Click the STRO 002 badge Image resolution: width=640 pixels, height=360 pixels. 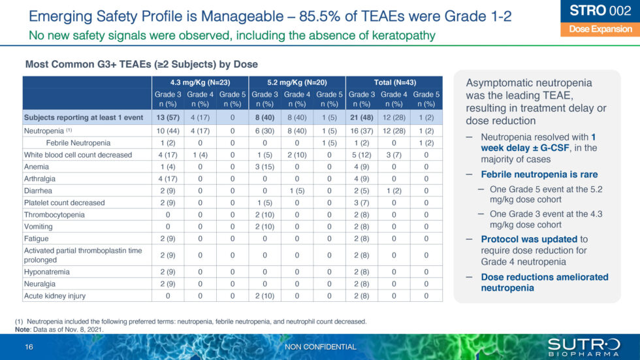pyautogui.click(x=600, y=10)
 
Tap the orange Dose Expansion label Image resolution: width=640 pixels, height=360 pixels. pyautogui.click(x=600, y=29)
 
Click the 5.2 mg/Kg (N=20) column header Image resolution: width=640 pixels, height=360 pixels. pyautogui.click(x=296, y=82)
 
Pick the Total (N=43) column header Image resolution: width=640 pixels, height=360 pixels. pyautogui.click(x=393, y=82)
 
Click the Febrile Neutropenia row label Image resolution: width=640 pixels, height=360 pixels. pyautogui.click(x=78, y=142)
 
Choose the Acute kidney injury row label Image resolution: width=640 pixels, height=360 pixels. pyautogui.click(x=55, y=296)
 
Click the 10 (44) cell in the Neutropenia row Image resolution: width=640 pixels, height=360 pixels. pyautogui.click(x=168, y=131)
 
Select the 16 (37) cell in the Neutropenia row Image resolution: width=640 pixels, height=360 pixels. pyautogui.click(x=361, y=131)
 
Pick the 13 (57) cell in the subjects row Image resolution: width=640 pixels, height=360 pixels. pyautogui.click(x=168, y=118)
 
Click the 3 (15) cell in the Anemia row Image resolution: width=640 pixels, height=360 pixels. pyautogui.click(x=264, y=167)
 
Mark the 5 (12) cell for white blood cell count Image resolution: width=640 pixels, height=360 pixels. pyautogui.click(x=361, y=155)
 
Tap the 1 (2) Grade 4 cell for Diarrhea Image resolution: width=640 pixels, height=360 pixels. pyautogui.click(x=393, y=191)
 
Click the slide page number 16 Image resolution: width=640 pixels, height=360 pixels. pyautogui.click(x=29, y=346)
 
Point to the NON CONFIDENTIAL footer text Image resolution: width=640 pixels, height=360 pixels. pyautogui.click(x=321, y=347)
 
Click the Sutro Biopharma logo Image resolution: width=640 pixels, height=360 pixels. pyautogui.click(x=583, y=346)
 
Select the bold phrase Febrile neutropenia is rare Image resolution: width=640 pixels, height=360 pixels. pyautogui.click(x=539, y=174)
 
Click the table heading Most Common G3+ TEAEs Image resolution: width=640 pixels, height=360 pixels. pyautogui.click(x=141, y=64)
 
